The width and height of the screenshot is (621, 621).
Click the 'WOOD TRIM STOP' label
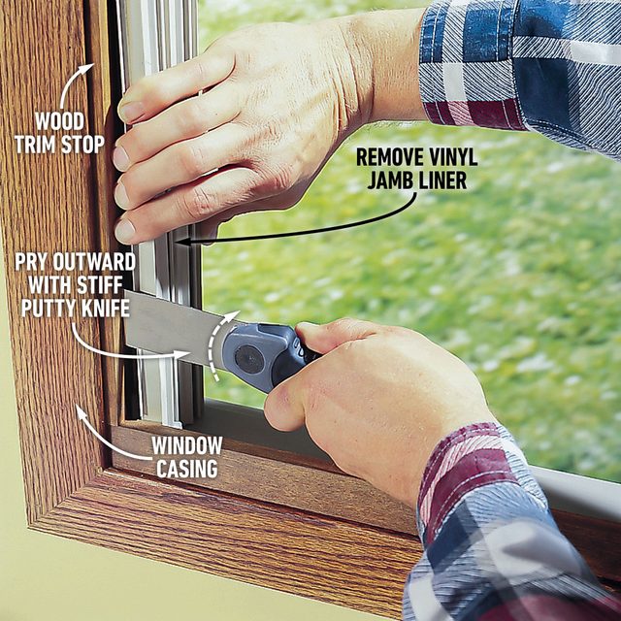coord(61,131)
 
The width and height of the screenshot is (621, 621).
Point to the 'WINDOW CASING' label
coord(186,457)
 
